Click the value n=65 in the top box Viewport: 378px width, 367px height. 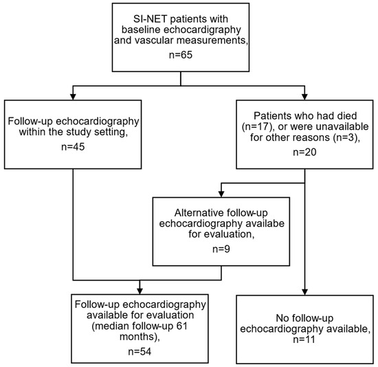[x=181, y=55]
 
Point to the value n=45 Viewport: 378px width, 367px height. [x=73, y=146]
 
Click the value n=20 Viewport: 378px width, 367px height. [x=304, y=152]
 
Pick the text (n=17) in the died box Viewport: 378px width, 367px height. [x=258, y=127]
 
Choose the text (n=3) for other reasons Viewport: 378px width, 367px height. [x=346, y=137]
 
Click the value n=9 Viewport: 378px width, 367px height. [x=221, y=249]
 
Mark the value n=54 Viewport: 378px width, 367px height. [x=140, y=352]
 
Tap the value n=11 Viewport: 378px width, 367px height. [x=304, y=340]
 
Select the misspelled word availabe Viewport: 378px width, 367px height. [x=265, y=223]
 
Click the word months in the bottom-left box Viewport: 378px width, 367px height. [x=137, y=337]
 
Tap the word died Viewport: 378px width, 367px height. [x=347, y=116]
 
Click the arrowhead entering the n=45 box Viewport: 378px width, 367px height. [x=73, y=97]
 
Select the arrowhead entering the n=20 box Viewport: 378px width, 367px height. [x=304, y=97]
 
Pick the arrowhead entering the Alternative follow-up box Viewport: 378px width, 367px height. [x=221, y=194]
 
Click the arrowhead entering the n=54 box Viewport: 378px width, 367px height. [x=140, y=291]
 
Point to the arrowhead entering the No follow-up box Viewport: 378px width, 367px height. [x=304, y=292]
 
